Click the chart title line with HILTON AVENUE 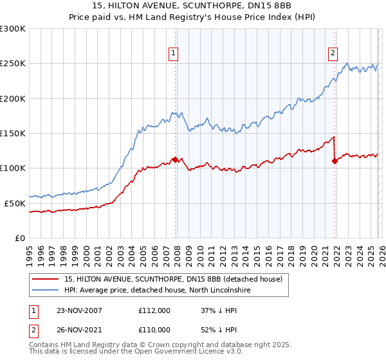(193, 6)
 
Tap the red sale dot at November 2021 (335, 161)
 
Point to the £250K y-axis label (13, 64)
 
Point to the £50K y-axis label (15, 203)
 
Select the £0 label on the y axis (21, 238)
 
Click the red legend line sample (45, 279)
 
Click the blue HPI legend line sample (45, 291)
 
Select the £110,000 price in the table (154, 329)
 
